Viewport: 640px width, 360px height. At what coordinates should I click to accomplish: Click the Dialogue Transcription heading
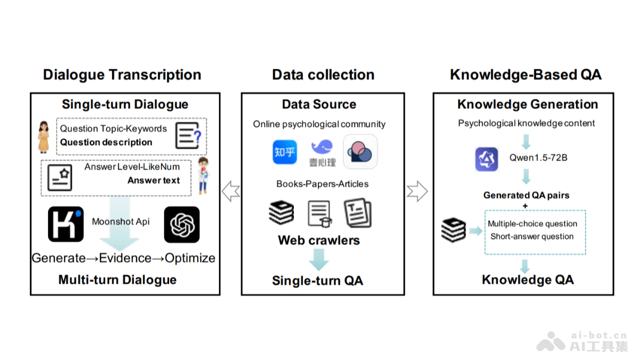click(x=122, y=75)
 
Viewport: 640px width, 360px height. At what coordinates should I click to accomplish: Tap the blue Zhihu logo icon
click(x=284, y=152)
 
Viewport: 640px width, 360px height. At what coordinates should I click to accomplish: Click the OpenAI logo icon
click(x=182, y=225)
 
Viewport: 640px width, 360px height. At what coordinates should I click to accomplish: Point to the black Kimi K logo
click(x=66, y=225)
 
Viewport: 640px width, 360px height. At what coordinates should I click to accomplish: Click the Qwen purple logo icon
click(x=486, y=159)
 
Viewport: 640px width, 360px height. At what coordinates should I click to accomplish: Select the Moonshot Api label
click(x=121, y=221)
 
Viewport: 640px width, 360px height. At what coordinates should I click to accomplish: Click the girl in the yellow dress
click(x=44, y=137)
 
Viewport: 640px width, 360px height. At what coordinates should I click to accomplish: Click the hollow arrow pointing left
click(x=230, y=190)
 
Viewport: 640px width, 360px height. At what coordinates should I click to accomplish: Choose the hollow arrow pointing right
click(x=417, y=190)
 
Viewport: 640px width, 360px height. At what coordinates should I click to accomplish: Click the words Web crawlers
click(x=318, y=240)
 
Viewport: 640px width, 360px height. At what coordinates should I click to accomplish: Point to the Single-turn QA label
click(x=317, y=281)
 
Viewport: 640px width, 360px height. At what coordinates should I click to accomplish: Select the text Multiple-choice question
click(x=532, y=223)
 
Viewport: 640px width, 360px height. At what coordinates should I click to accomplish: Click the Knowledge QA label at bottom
click(x=527, y=279)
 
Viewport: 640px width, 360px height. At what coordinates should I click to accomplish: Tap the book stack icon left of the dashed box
click(x=453, y=230)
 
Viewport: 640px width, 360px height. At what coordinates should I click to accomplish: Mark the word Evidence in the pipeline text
click(x=126, y=258)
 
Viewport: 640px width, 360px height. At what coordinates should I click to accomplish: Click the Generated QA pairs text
click(x=526, y=195)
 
